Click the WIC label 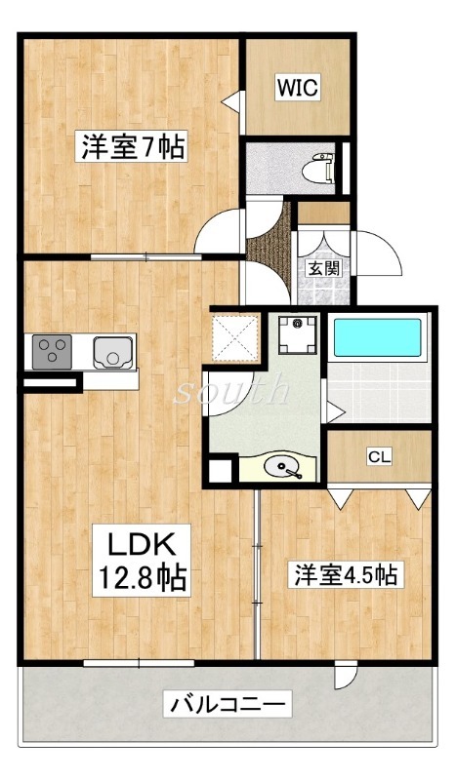point(298,88)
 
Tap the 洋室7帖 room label point(132,145)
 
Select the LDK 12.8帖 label point(142,561)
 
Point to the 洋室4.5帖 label point(346,574)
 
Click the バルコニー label point(228,704)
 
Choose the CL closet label point(379,455)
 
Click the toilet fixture point(318,168)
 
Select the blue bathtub point(377,337)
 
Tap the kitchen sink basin point(113,352)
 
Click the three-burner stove point(52,352)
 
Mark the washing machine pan point(298,334)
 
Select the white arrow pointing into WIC point(231,102)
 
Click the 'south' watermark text point(231,391)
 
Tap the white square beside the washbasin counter point(220,471)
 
